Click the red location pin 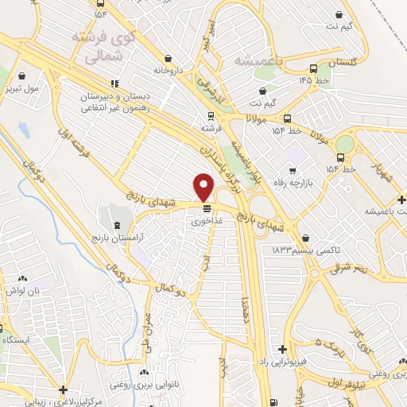(x=204, y=188)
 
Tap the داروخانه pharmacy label (x=169, y=71)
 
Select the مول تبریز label (x=21, y=87)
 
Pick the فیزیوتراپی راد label (x=279, y=362)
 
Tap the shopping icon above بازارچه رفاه (x=293, y=170)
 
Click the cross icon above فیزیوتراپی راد (x=282, y=349)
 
